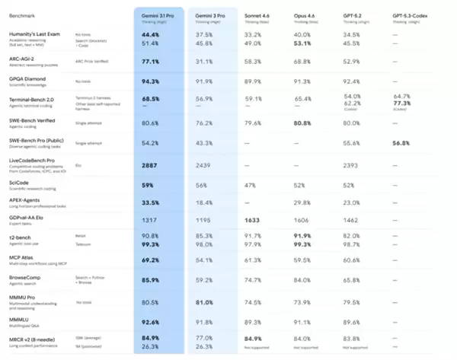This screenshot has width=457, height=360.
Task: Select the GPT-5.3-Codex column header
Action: click(x=411, y=14)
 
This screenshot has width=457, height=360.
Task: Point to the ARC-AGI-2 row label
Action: click(x=24, y=59)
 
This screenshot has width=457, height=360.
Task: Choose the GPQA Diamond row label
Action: click(x=27, y=79)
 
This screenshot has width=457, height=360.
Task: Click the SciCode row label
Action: click(x=18, y=183)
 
